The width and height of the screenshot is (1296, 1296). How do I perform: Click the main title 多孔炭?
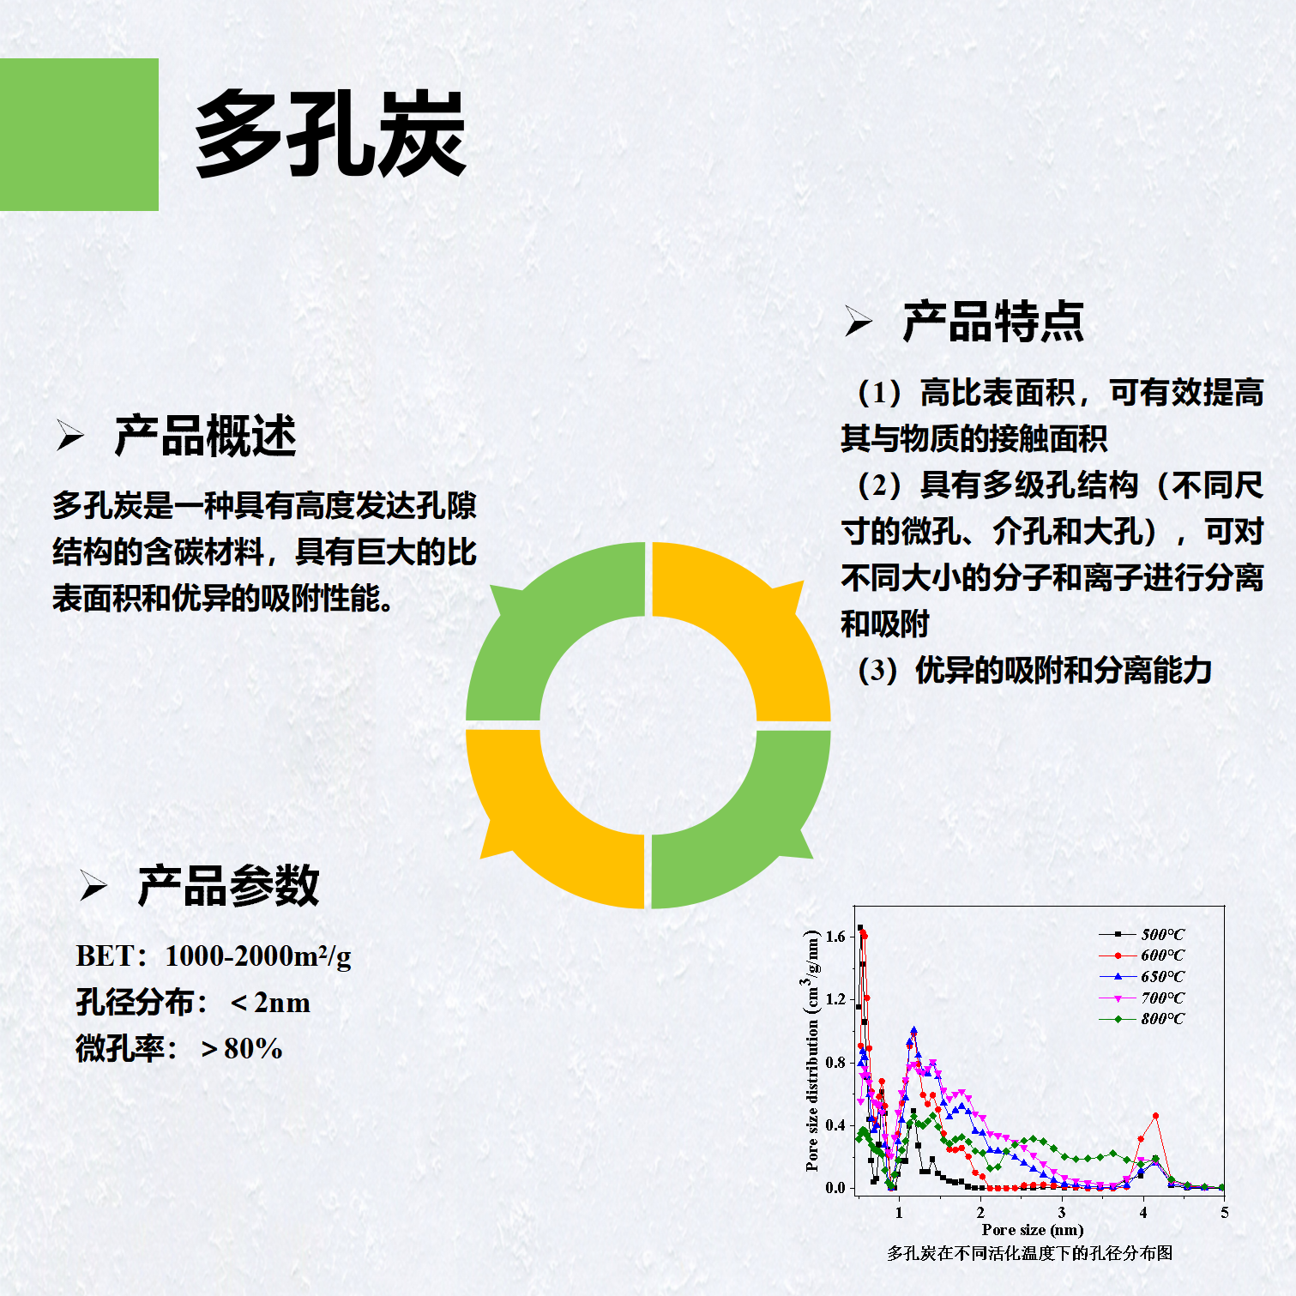tap(330, 135)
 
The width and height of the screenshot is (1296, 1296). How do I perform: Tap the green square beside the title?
tap(79, 135)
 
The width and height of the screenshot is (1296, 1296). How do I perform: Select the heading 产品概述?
tap(205, 436)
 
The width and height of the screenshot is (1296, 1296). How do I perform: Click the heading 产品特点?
tap(993, 322)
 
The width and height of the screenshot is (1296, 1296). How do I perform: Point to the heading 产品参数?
tap(228, 886)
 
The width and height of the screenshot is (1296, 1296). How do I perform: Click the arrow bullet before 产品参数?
tap(93, 886)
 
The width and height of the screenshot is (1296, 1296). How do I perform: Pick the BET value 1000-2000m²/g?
tap(257, 955)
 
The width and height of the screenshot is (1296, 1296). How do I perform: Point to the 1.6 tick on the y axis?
tap(835, 936)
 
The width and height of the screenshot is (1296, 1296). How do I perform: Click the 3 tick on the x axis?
tap(1062, 1212)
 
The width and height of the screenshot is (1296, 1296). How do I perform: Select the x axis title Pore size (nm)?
tap(1033, 1230)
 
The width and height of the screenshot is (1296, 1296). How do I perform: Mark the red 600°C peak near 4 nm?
tap(1156, 1116)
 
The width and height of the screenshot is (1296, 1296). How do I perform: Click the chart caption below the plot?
tap(1029, 1253)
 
